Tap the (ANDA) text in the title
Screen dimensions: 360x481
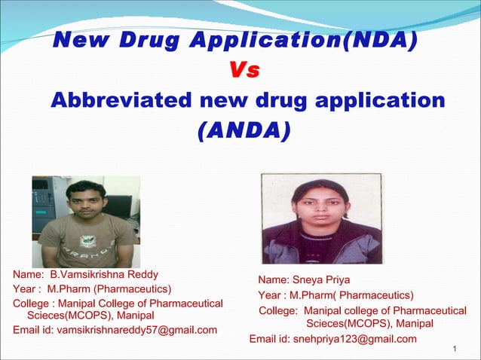point(243,131)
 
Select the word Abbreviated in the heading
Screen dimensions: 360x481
point(119,100)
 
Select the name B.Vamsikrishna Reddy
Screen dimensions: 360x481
point(104,274)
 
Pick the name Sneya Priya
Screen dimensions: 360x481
point(325,279)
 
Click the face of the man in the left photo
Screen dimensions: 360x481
point(84,202)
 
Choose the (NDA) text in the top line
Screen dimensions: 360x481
point(379,40)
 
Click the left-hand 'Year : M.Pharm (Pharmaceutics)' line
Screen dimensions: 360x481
point(92,288)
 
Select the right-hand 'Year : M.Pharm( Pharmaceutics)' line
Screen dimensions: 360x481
point(335,294)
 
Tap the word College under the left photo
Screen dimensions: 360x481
point(31,303)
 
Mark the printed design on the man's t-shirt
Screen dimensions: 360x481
point(84,245)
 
